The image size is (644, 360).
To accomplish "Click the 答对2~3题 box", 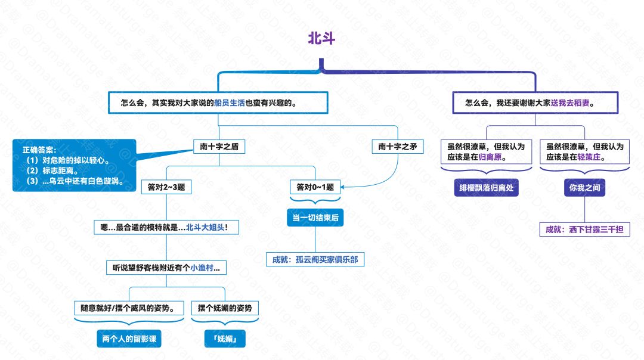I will [x=166, y=187].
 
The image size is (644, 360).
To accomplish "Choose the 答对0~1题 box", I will [x=315, y=187].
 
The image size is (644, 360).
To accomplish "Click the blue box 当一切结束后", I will [x=315, y=218].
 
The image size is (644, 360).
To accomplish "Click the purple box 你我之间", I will [x=584, y=188].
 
